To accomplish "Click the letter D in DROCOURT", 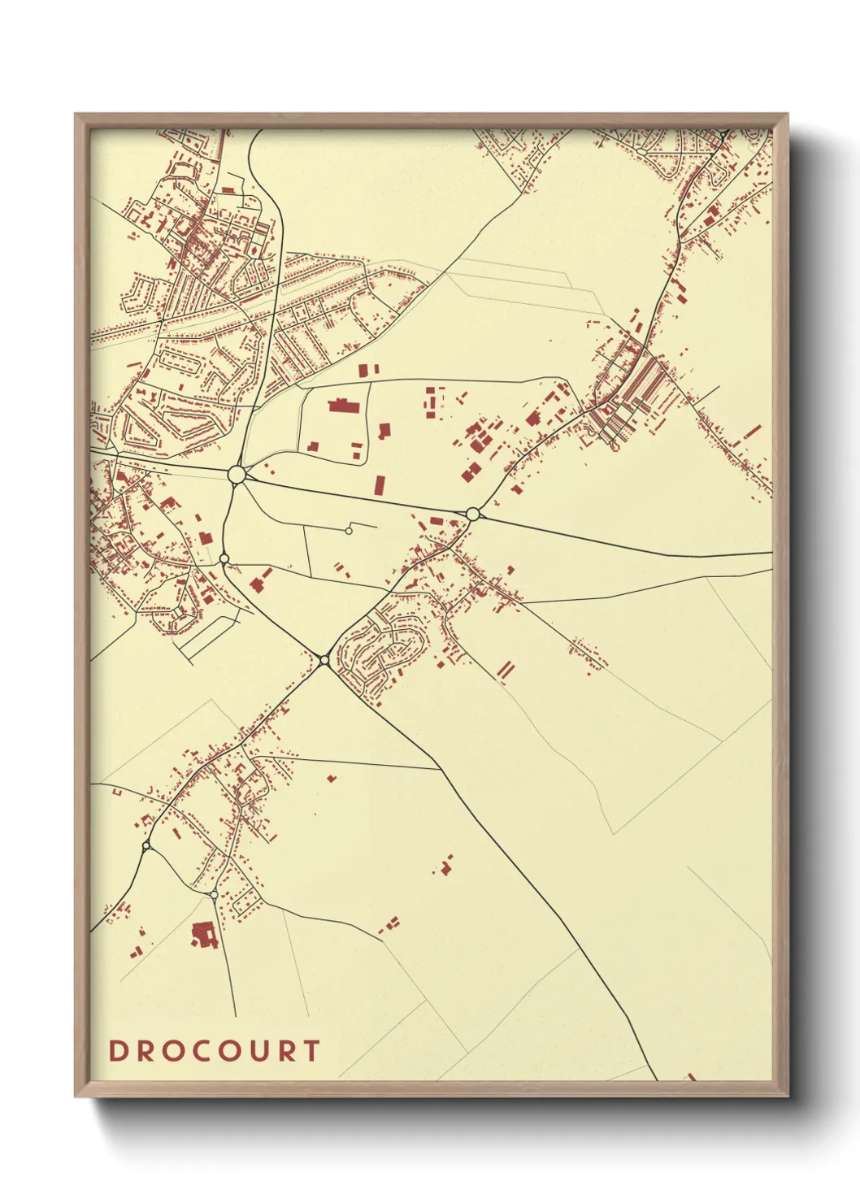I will click(119, 1050).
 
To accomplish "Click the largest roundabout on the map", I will click(237, 473).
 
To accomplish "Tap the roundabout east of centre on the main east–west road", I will click(472, 514).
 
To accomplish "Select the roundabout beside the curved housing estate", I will click(324, 659).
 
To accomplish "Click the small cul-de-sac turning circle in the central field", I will click(349, 531).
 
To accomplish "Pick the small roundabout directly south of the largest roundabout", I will click(224, 558).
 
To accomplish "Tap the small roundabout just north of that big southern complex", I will click(214, 895).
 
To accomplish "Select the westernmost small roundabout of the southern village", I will click(146, 846).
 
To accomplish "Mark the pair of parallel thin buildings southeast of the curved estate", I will click(506, 670).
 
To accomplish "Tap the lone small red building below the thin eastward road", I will click(332, 778).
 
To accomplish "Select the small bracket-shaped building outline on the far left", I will click(116, 790).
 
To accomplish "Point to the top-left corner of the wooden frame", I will click(76, 115).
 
